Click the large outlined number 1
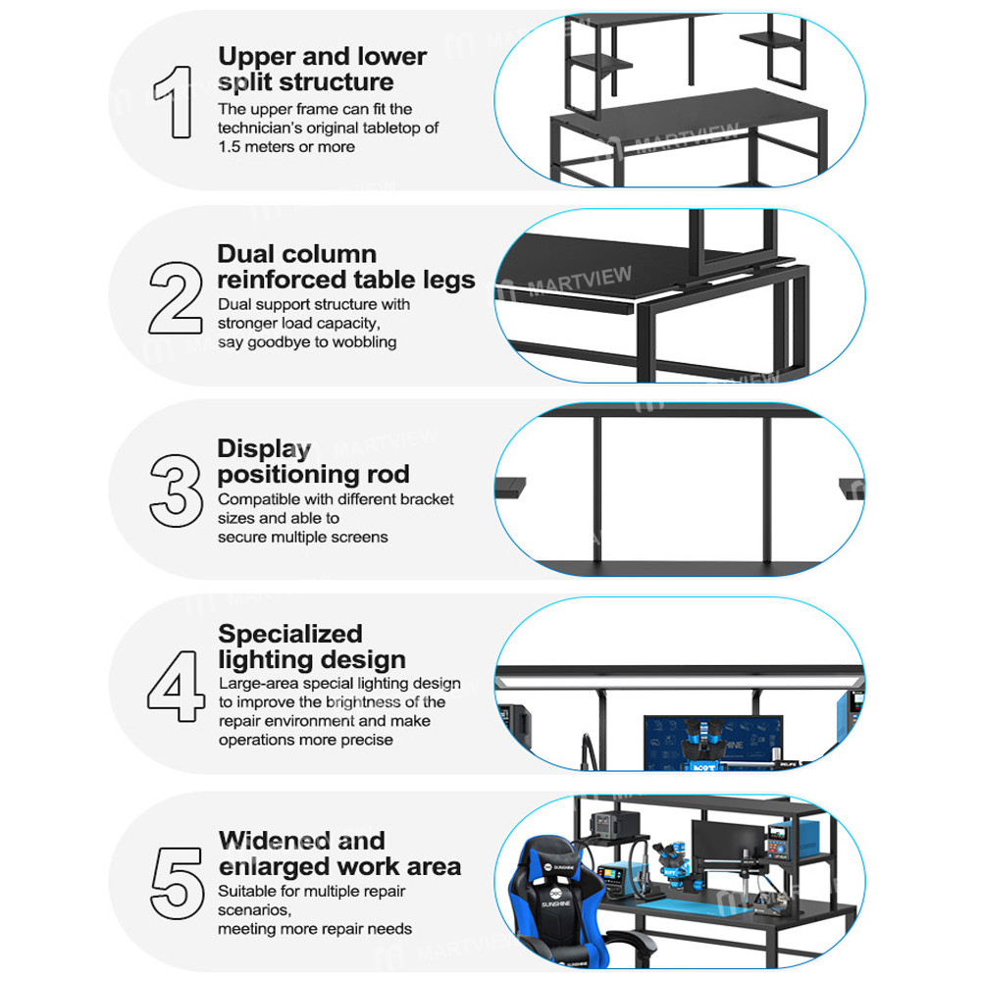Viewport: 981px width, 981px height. coord(176,100)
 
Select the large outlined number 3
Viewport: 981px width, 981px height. coord(176,487)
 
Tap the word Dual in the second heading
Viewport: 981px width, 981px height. coord(246,254)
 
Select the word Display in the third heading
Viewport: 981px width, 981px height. coord(264,449)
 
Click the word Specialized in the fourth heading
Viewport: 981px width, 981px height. coord(289,634)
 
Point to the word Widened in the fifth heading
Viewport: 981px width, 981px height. coord(273,841)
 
